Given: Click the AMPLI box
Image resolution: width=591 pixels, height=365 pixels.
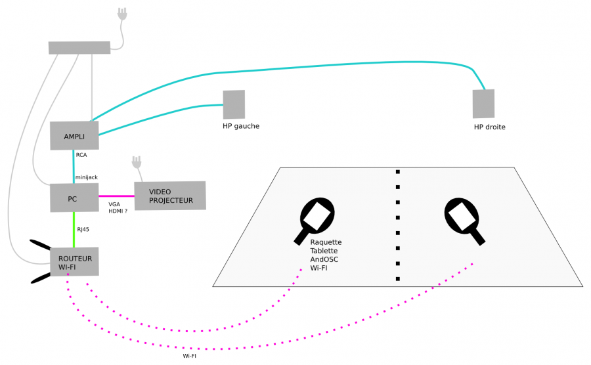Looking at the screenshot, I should [x=74, y=136].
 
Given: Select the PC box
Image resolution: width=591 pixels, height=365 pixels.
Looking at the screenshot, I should [x=74, y=198].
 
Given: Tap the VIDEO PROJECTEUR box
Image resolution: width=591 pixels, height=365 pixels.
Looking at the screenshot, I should [x=170, y=196].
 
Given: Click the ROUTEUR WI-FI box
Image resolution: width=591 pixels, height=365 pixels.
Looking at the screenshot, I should [x=75, y=263].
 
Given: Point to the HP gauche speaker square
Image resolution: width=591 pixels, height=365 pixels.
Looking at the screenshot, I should [x=234, y=104].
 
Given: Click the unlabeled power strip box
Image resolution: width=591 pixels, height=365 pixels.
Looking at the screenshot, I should [x=79, y=47].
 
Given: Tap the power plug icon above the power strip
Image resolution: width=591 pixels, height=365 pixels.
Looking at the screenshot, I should [x=121, y=14].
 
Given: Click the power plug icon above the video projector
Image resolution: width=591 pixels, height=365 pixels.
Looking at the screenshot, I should [x=137, y=161].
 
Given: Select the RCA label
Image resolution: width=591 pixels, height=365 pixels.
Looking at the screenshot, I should [x=81, y=156].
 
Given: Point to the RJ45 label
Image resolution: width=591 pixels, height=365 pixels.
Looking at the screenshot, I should [x=83, y=230].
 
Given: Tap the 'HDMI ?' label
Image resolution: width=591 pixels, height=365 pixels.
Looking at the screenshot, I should [x=118, y=211].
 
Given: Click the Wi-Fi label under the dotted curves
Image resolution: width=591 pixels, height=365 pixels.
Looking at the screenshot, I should [x=189, y=356].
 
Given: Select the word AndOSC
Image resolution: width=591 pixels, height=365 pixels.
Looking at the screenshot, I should [x=325, y=259].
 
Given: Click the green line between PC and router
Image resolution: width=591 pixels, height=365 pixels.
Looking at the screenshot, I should [x=74, y=229].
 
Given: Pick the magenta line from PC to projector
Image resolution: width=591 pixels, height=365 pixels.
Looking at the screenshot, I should [x=116, y=196].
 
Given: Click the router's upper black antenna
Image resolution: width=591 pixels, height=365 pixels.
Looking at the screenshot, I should [x=41, y=246].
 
